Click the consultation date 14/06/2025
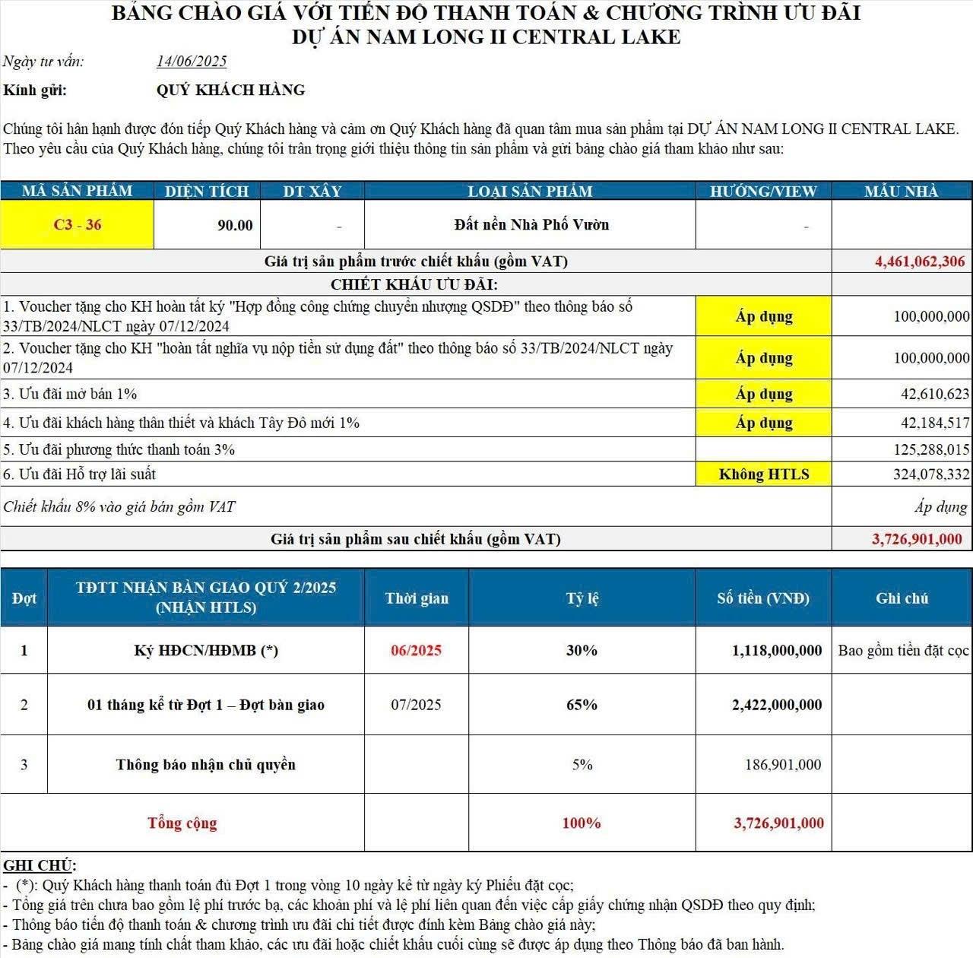click(192, 62)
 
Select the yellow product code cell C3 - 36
click(77, 224)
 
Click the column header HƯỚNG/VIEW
click(763, 191)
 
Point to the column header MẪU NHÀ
click(902, 191)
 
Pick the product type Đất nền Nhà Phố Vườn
click(531, 224)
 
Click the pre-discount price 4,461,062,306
click(920, 262)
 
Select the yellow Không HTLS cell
click(764, 474)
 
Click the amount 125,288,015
click(931, 449)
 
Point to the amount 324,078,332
click(931, 474)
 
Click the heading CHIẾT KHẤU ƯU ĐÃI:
click(414, 285)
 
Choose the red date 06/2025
click(416, 650)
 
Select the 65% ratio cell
click(582, 705)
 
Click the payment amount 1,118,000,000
click(777, 650)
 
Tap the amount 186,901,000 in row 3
click(783, 764)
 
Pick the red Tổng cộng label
click(182, 823)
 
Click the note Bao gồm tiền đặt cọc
click(903, 650)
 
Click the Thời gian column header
click(417, 598)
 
